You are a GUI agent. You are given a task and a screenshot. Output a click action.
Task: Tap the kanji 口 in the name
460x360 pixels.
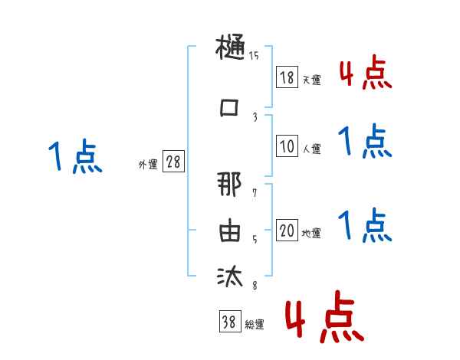tap(231, 107)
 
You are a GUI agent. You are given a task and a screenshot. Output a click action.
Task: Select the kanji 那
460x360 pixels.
tap(231, 187)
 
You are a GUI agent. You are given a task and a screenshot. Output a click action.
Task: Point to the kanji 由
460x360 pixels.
tap(231, 231)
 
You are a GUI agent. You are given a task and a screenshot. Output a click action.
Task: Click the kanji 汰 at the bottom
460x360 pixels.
tap(231, 276)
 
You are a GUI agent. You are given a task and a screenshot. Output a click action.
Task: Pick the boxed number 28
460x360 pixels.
tap(173, 162)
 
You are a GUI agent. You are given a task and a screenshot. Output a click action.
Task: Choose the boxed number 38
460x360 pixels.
tap(229, 322)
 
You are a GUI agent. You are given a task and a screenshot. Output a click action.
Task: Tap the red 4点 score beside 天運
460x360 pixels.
tap(365, 73)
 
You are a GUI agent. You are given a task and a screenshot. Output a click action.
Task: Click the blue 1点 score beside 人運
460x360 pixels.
tap(365, 142)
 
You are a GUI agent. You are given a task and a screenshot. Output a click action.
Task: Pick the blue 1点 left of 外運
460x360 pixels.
tap(74, 157)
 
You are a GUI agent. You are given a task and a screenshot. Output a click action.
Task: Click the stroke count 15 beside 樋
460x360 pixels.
tap(255, 56)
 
